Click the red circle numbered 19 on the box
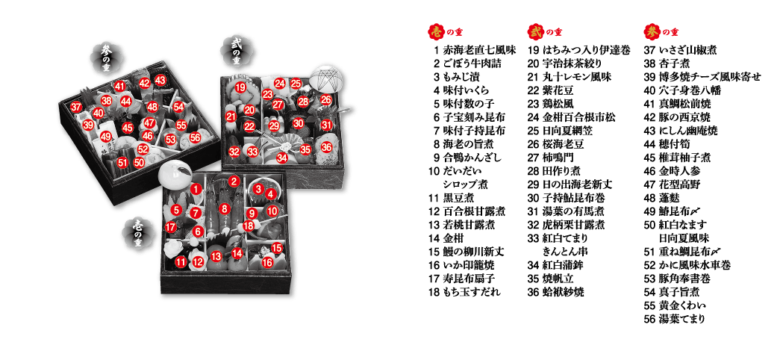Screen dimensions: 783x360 pyautogui.click(x=240, y=88)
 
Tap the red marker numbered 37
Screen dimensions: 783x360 pyautogui.click(x=76, y=107)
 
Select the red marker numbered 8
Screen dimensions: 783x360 pyautogui.click(x=225, y=208)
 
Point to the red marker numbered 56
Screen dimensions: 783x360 pyautogui.click(x=195, y=137)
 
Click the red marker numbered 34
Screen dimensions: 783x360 pyautogui.click(x=283, y=158)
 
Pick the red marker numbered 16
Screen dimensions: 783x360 pyautogui.click(x=268, y=261)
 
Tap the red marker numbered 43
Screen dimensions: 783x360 pyautogui.click(x=160, y=80)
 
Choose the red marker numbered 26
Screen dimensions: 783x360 pyautogui.click(x=326, y=99)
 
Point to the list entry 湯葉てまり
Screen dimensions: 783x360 pyautogui.click(x=681, y=319)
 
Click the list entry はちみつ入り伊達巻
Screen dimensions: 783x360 pyautogui.click(x=586, y=50)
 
